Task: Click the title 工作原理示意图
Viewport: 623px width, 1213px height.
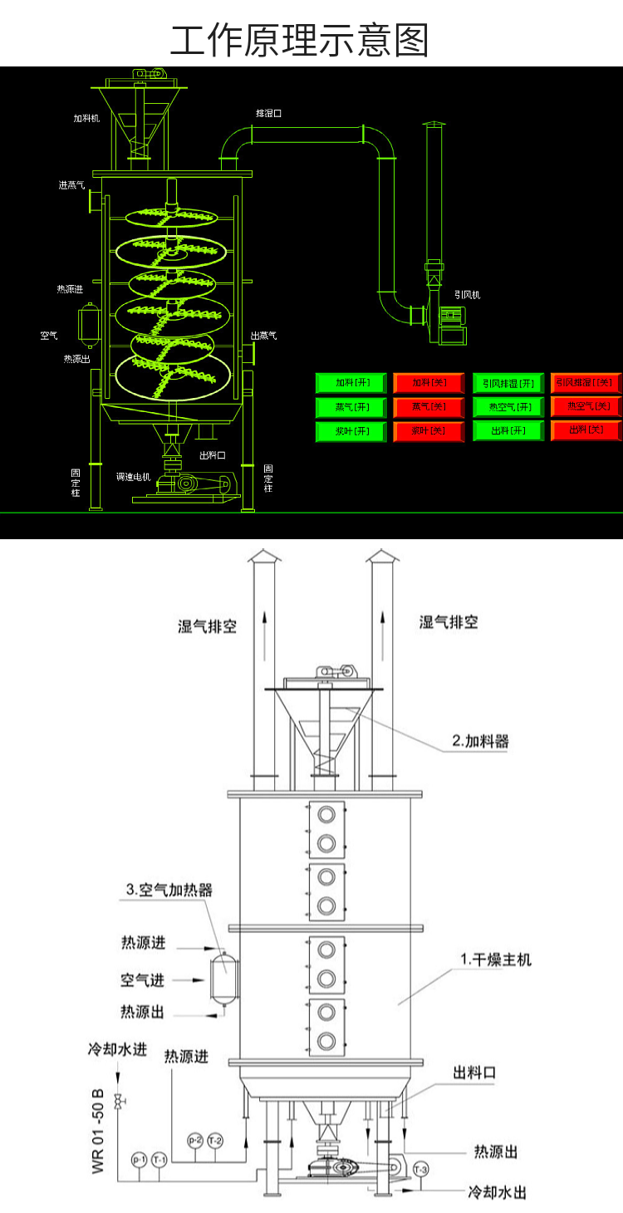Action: click(300, 40)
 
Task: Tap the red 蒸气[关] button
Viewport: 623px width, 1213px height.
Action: click(429, 407)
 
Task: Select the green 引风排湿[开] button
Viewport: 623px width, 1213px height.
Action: click(508, 383)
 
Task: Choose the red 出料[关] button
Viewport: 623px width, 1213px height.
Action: click(586, 431)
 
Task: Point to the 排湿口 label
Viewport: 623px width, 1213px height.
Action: click(267, 112)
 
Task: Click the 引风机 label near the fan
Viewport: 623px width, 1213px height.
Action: click(466, 294)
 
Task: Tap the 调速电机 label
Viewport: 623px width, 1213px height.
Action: click(131, 477)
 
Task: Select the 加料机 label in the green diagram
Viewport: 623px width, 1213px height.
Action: click(86, 118)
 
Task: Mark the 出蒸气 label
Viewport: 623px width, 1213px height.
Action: click(263, 336)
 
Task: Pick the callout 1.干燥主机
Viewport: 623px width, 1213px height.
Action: click(496, 960)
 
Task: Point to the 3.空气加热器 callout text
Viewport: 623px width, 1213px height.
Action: click(169, 890)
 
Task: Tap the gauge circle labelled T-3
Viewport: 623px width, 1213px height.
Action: click(421, 1169)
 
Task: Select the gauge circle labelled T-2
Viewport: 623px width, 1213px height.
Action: click(215, 1140)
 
